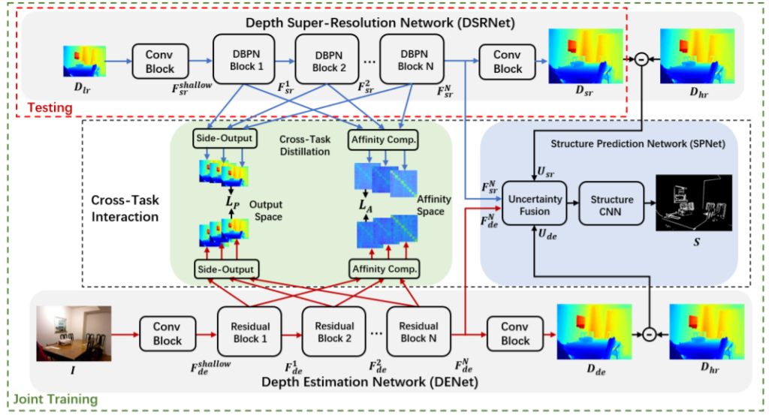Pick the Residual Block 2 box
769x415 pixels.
[x=333, y=332]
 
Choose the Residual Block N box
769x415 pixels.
[x=418, y=332]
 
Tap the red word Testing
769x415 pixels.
[x=47, y=108]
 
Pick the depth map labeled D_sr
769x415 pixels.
[x=585, y=56]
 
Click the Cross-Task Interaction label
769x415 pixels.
[x=125, y=209]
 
